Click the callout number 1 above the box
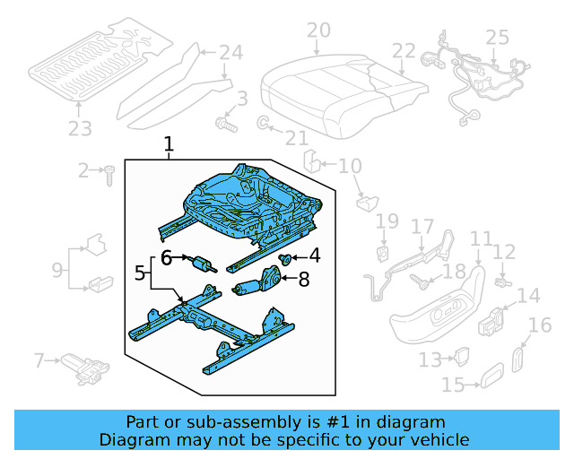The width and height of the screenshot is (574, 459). (169, 143)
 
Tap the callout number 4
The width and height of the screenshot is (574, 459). (314, 256)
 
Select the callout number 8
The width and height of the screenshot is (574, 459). (303, 280)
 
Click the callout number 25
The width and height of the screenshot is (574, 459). (497, 38)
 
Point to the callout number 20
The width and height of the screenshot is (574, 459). (317, 31)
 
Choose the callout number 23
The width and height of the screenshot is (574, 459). (80, 129)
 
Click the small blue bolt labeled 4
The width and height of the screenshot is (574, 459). (286, 260)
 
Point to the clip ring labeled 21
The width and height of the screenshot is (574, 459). (265, 123)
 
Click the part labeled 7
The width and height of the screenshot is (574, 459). (85, 366)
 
